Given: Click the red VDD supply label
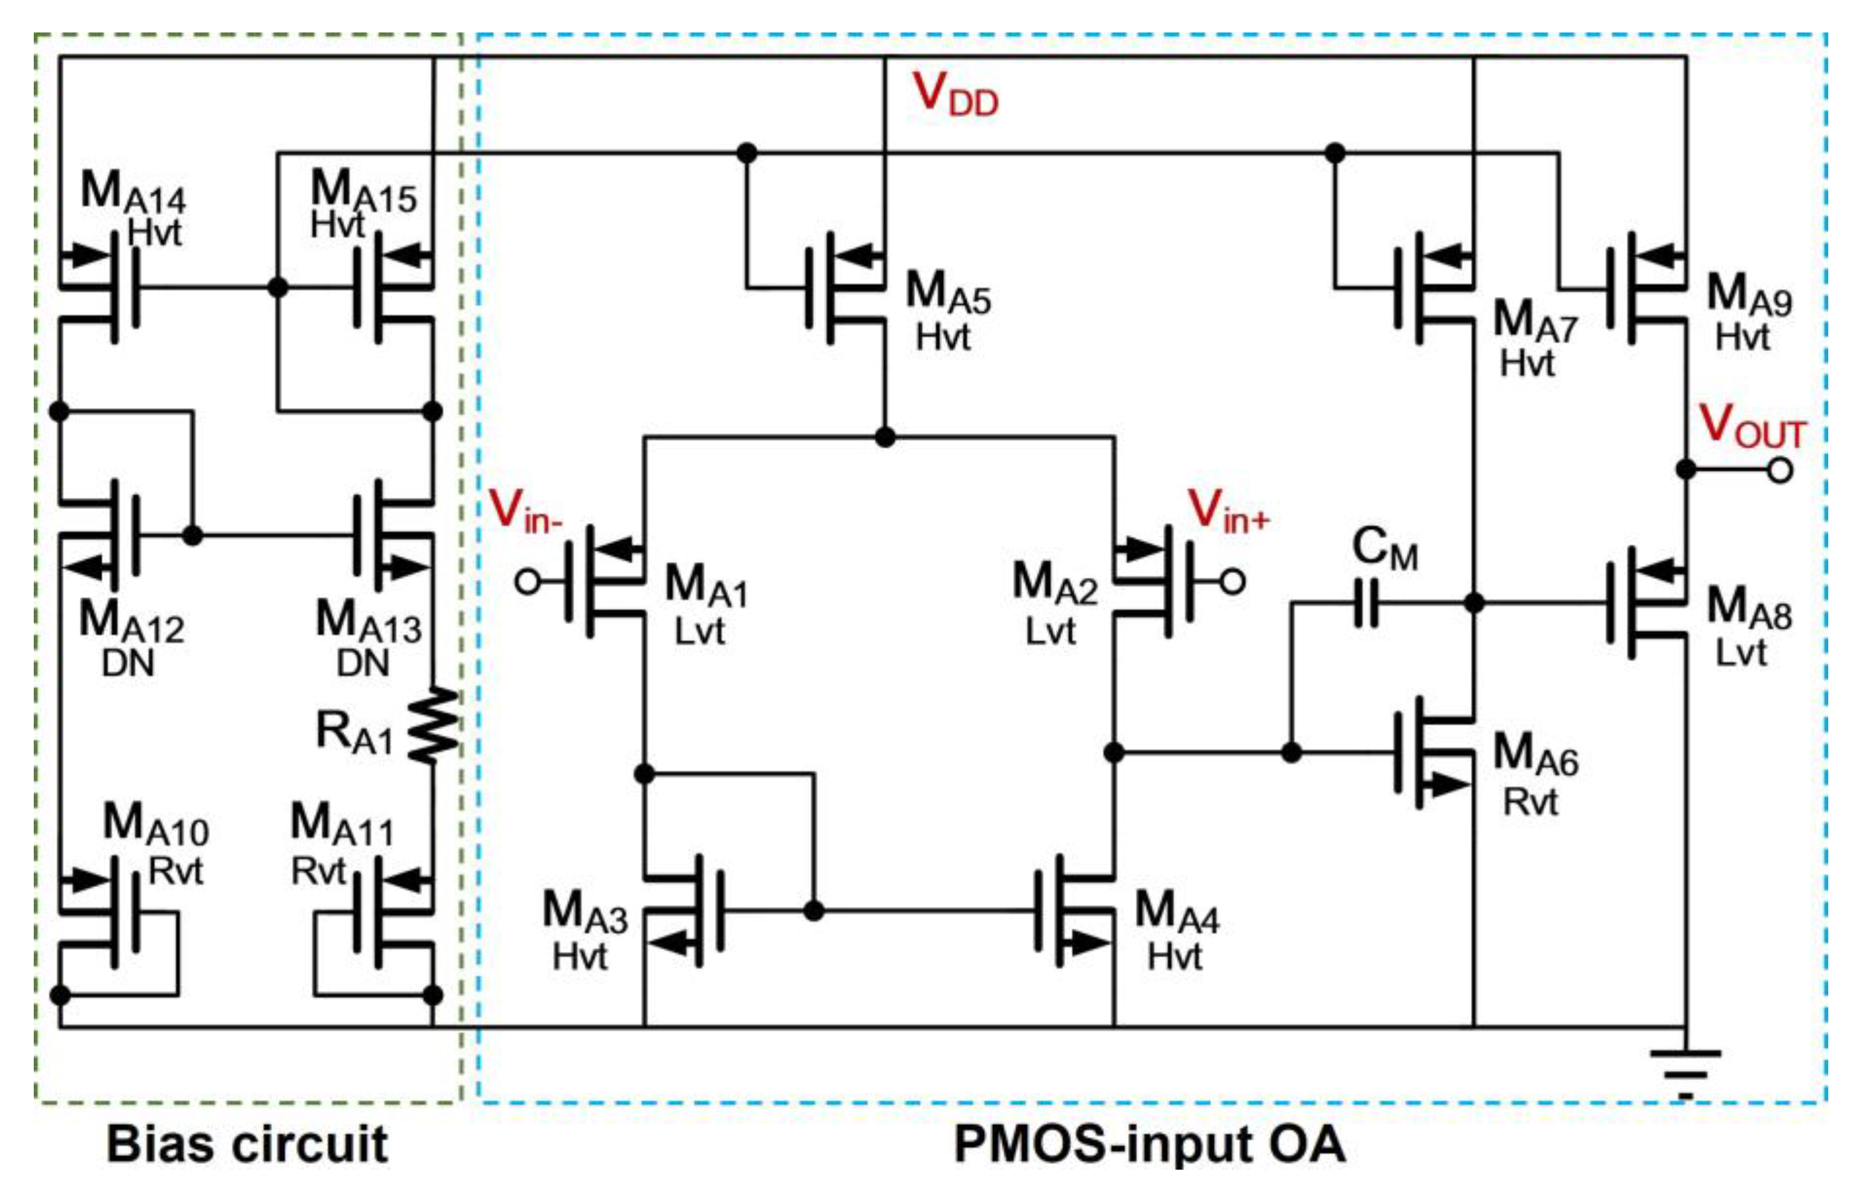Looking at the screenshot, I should (955, 95).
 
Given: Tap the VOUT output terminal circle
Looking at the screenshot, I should (1780, 469).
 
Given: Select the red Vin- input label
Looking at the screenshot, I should (525, 511).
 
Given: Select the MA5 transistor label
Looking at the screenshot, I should (948, 293).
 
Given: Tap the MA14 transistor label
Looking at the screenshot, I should (132, 191).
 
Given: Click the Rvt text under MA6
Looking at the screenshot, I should (1530, 802).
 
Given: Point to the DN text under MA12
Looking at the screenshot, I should (128, 663).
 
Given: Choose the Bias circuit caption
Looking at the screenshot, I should (247, 1144).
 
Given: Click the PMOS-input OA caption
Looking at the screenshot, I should (1149, 1144).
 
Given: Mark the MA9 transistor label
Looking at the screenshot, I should (1749, 295).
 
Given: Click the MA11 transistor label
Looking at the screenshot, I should (341, 824).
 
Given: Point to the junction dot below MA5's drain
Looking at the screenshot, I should (884, 437).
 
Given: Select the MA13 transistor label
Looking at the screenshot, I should (368, 622).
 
